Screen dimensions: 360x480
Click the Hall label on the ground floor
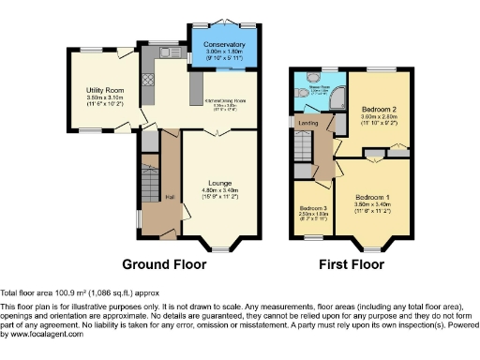pyautogui.click(x=170, y=195)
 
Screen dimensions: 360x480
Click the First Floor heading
pyautogui.click(x=350, y=264)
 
